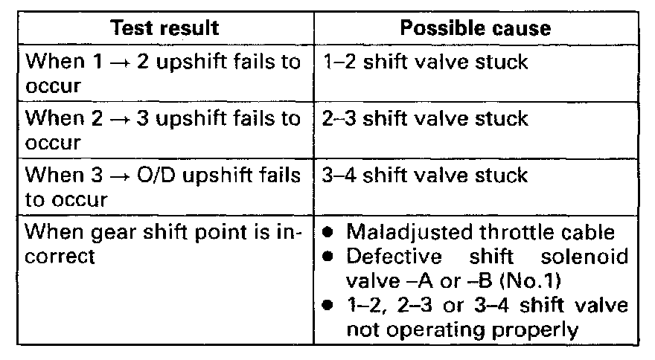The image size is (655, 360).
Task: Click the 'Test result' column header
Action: [x=164, y=28]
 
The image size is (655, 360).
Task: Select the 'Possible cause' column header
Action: [x=476, y=28]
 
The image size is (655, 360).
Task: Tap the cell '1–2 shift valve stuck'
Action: [x=426, y=61]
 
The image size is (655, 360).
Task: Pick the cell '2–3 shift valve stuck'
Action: [x=426, y=118]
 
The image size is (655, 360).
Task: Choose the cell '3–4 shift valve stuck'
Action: [x=426, y=176]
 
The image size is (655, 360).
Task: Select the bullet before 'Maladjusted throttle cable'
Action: [x=329, y=232]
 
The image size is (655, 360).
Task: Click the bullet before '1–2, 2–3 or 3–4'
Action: [x=329, y=306]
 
